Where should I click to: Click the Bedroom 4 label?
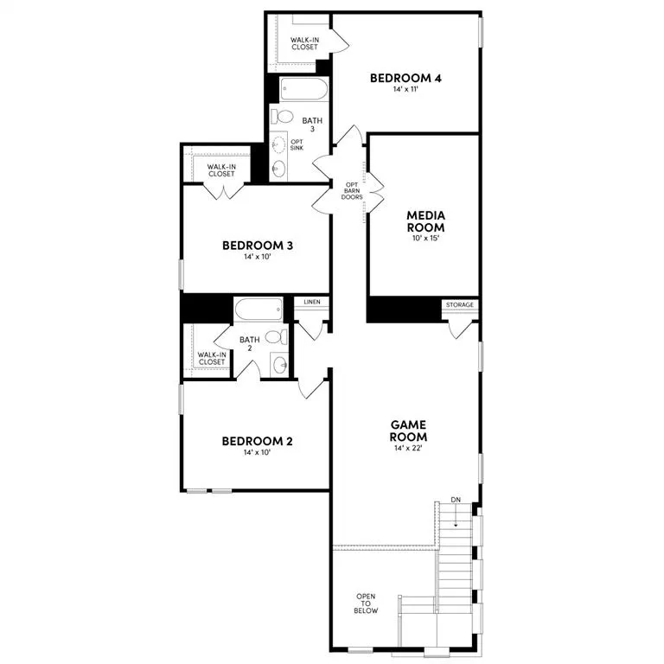tap(405, 79)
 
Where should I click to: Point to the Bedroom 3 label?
tap(258, 246)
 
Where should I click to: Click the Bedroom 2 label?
tap(258, 442)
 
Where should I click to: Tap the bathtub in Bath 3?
tap(303, 89)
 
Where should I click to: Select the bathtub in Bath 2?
tap(258, 308)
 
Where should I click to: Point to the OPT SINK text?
tap(297, 145)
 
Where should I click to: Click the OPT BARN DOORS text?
tap(351, 190)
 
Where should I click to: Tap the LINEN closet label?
tap(312, 302)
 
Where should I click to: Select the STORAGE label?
tap(458, 305)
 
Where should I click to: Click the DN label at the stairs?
tap(456, 501)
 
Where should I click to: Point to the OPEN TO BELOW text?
tap(367, 603)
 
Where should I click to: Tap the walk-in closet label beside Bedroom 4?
tap(303, 43)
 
